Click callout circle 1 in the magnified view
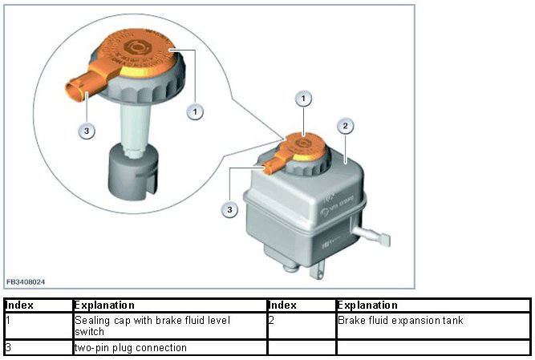point(194,111)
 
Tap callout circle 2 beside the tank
point(344,126)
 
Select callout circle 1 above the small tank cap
point(303,99)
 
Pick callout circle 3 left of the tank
point(230,209)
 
